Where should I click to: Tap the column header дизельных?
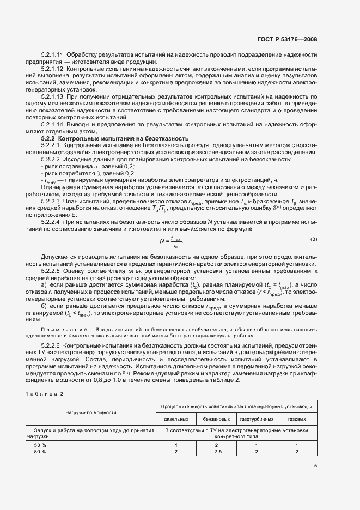click(x=176, y=419)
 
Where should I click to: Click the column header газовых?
click(x=296, y=419)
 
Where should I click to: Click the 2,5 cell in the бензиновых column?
click(x=218, y=452)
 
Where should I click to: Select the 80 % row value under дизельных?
click(x=176, y=452)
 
